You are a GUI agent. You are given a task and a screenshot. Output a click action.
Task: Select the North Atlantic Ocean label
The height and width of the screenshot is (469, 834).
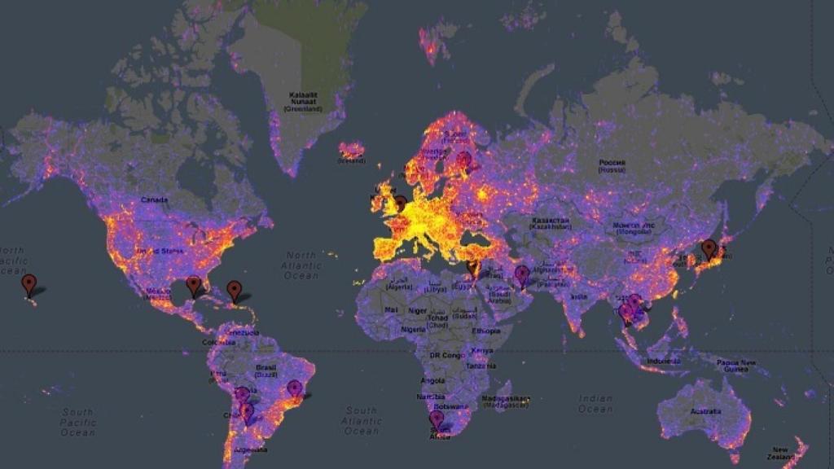301,265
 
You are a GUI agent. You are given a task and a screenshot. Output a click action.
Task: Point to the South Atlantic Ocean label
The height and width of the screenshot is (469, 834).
362,420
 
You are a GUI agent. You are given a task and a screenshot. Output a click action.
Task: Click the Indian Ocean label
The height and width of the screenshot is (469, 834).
595,404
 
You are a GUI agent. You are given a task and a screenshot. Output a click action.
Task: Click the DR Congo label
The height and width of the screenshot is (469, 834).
446,357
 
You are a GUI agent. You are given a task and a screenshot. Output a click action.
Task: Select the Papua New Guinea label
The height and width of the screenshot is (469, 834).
737,366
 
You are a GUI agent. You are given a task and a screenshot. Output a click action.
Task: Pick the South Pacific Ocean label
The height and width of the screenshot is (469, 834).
78,422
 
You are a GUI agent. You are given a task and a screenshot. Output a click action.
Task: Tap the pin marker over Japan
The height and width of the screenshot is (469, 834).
709,248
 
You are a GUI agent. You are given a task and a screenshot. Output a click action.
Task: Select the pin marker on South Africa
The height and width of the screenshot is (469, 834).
437,419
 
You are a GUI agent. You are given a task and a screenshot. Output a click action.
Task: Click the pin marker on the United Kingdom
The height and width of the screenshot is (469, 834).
399,203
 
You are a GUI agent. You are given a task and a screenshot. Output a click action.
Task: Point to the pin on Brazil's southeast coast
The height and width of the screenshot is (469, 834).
294,389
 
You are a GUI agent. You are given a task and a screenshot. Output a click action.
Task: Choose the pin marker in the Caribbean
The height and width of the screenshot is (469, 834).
235,290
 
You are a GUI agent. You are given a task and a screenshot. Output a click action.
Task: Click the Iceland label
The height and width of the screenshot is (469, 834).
352,161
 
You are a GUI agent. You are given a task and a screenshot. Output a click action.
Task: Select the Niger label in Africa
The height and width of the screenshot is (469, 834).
417,310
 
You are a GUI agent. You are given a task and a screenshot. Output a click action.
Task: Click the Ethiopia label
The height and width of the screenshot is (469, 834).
485,331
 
